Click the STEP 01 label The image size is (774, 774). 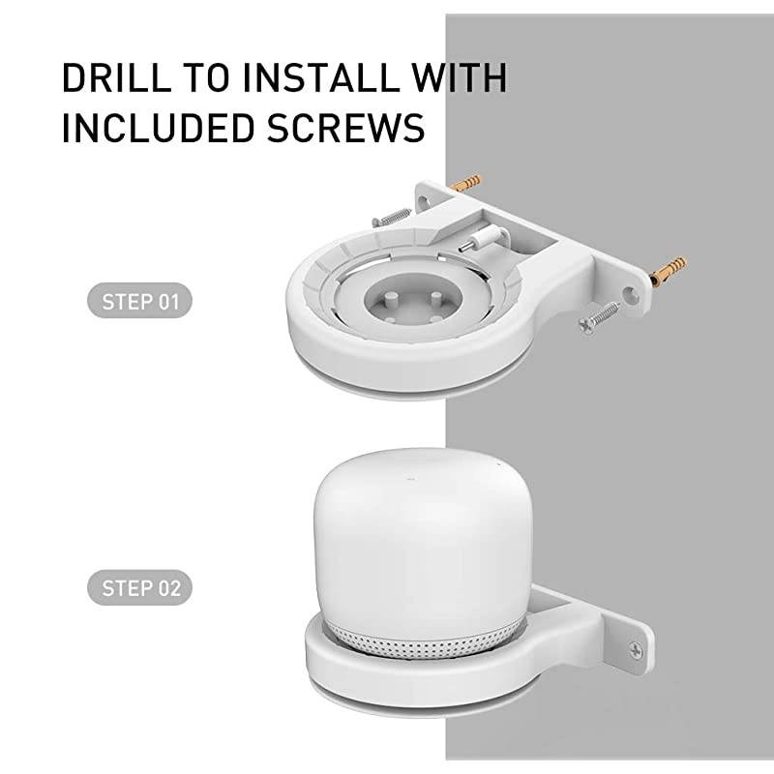pyautogui.click(x=140, y=302)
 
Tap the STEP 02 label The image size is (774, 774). pyautogui.click(x=140, y=587)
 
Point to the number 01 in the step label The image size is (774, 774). pyautogui.click(x=168, y=302)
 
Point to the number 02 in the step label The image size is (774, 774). pyautogui.click(x=168, y=587)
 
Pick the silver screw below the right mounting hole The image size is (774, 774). pyautogui.click(x=597, y=318)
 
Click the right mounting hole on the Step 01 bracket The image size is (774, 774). pyautogui.click(x=630, y=289)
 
